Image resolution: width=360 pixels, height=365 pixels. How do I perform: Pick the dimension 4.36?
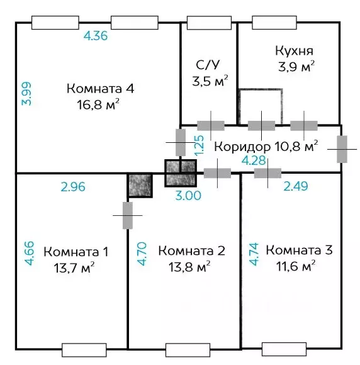click(96, 36)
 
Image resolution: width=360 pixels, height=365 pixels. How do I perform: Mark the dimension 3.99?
click(26, 94)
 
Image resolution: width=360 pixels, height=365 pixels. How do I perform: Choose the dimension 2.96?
click(73, 187)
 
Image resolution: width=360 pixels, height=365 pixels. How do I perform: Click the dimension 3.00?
click(188, 196)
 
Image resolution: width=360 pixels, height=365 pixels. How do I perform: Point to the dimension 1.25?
click(200, 145)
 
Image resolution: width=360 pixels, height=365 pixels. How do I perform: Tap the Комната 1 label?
click(76, 252)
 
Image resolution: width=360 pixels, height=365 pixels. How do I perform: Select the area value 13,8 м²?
click(185, 267)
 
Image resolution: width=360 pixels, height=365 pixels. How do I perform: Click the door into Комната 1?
click(128, 215)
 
